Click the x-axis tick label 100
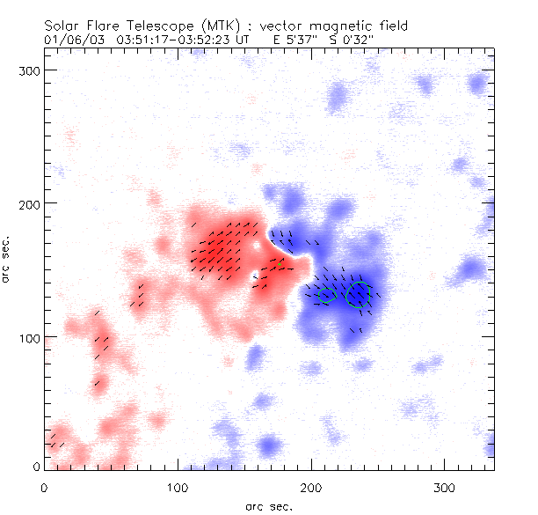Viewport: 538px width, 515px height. [178, 487]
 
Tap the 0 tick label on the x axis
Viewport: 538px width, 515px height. [44, 487]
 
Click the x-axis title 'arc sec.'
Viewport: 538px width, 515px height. [268, 505]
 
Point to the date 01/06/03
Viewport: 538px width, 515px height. [69, 39]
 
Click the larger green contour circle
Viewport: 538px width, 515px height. [360, 293]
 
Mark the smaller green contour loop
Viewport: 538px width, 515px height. [326, 295]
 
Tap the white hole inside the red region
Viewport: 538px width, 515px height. [256, 250]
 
